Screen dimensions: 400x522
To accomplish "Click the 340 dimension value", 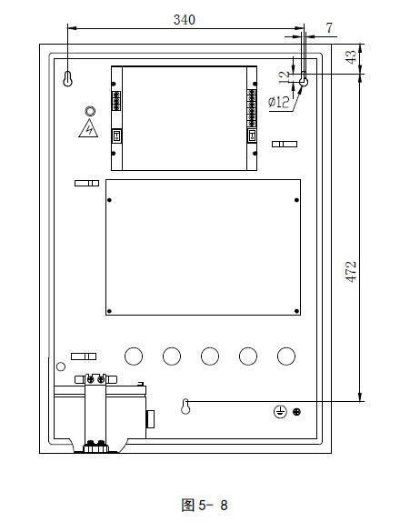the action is click(185, 20).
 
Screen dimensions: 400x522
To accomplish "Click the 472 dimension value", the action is click(351, 272).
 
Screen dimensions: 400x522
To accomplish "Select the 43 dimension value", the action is click(351, 57).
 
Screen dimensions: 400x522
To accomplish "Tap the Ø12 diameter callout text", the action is click(278, 102).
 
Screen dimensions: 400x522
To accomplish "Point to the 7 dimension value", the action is click(329, 28).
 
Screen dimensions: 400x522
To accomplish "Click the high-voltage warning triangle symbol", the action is click(88, 128).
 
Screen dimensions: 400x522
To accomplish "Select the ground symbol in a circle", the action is click(280, 412).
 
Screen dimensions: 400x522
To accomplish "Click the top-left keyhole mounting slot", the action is click(67, 79).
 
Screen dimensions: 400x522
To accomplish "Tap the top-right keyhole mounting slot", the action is click(304, 79).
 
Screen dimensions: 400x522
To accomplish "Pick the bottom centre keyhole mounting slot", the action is click(185, 407).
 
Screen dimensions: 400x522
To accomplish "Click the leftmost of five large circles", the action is click(134, 356).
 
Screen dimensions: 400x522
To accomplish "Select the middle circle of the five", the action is click(210, 356).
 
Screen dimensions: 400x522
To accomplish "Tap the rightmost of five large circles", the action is click(286, 356).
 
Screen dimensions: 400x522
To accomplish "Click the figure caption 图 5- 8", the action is click(205, 505).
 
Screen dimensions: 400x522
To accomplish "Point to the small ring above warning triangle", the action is click(90, 111).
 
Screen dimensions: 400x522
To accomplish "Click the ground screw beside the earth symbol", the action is click(296, 412).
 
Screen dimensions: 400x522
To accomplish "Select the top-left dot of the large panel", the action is click(109, 200).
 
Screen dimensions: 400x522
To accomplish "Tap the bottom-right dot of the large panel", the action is click(296, 311).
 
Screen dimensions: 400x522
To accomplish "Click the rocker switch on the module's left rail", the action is click(116, 136).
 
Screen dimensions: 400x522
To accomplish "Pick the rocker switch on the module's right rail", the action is click(252, 136).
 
